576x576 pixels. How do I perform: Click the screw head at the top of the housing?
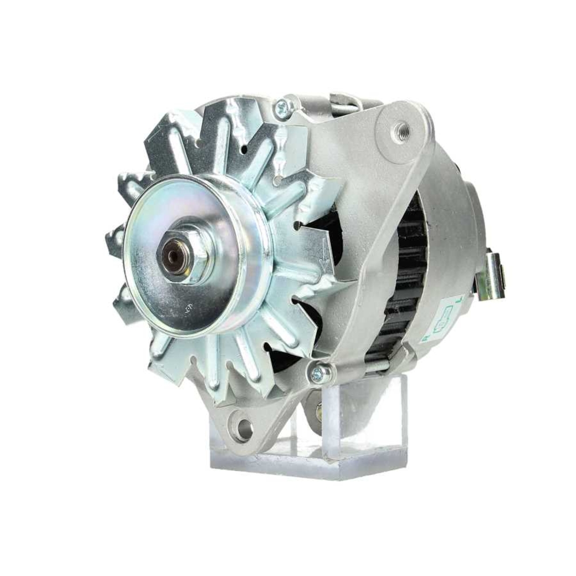click(282, 106)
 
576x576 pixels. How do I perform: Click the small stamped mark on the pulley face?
click(188, 307)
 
